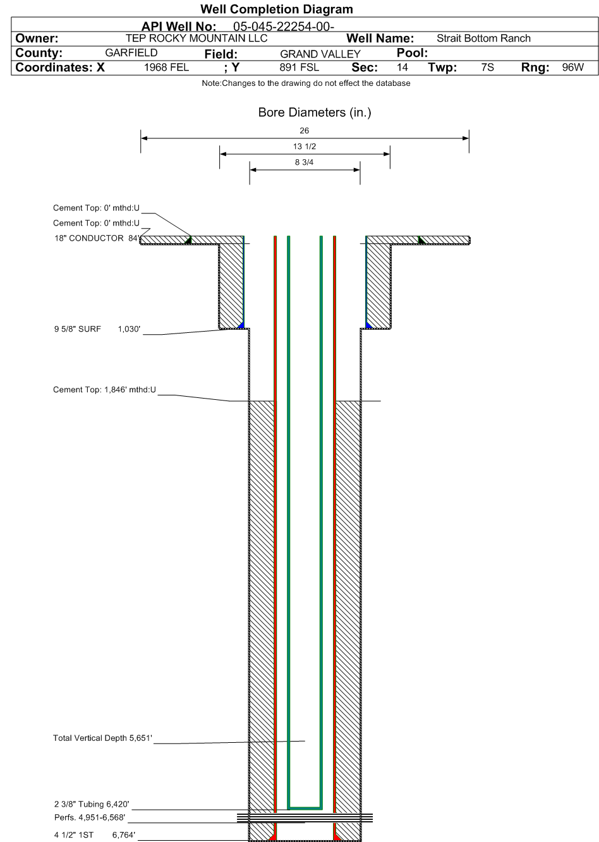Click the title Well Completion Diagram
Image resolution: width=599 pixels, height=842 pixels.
pos(276,9)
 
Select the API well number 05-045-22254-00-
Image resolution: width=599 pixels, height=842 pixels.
pos(284,27)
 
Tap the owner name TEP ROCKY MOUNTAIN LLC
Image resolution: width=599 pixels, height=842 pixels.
pos(197,39)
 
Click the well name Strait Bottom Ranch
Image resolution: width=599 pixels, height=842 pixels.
pos(483,39)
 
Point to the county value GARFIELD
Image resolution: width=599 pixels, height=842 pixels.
pos(131,52)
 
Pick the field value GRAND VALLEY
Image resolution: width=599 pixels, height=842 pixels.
pos(320,54)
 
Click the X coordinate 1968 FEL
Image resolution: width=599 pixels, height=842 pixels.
pos(167,68)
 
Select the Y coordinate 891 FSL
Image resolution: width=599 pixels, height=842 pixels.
pos(299,68)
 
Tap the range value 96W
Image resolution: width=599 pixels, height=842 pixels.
pos(572,68)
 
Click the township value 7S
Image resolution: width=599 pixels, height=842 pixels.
pos(487,68)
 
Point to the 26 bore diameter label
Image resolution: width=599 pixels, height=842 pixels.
pos(304,130)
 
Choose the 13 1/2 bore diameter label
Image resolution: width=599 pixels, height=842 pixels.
pos(305,146)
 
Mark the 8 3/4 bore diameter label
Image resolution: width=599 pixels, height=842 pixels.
pos(304,162)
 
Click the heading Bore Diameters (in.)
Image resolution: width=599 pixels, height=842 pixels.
pos(315,112)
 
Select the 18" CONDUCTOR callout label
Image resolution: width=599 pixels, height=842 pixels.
pos(97,238)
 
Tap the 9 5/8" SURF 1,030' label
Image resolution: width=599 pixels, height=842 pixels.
pos(97,329)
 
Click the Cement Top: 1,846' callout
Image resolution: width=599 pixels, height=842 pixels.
pos(104,390)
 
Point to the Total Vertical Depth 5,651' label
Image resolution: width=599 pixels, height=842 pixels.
pos(102,738)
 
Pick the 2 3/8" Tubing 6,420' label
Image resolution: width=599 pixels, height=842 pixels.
pos(92,804)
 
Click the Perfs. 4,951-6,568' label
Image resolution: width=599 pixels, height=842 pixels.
pos(90,817)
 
